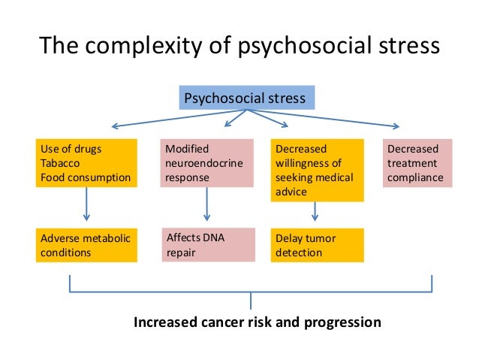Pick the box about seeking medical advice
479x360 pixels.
317,170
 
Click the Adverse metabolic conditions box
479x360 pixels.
86,246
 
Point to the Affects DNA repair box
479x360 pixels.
207,246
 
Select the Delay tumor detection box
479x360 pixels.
317,246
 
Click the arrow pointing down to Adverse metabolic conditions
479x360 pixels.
86,204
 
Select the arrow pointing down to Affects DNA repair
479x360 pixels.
207,204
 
